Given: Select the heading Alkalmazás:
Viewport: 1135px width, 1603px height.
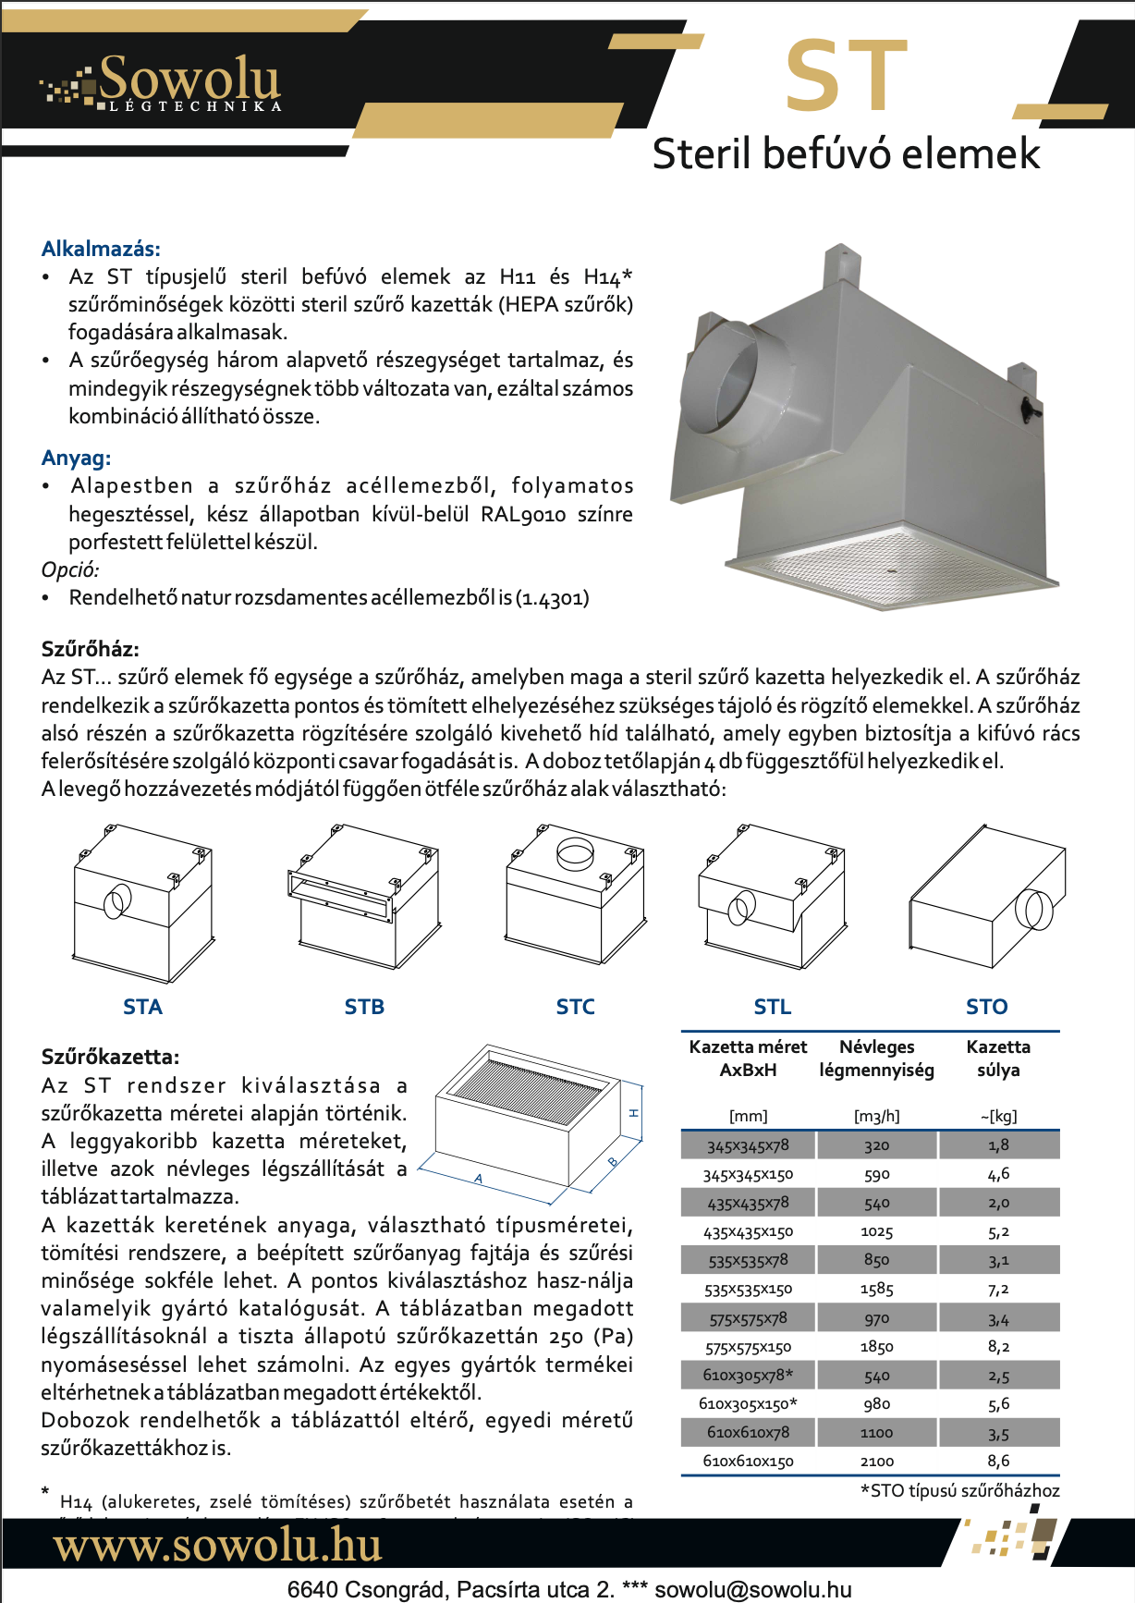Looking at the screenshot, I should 101,249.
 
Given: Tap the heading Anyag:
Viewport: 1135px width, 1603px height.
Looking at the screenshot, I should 76,458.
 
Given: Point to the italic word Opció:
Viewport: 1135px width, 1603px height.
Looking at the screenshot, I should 70,569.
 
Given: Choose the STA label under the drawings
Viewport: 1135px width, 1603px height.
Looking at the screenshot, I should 142,1007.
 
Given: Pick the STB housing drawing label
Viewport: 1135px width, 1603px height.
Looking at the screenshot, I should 364,1007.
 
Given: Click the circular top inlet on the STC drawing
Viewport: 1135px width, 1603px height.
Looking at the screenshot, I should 575,852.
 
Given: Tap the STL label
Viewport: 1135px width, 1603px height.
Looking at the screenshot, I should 772,1007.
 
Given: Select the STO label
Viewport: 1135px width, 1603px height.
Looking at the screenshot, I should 986,1007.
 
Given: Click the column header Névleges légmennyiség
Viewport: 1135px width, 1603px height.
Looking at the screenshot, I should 876,1058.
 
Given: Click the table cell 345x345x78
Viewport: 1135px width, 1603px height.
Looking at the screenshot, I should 748,1145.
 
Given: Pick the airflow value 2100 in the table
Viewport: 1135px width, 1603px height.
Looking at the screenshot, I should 876,1462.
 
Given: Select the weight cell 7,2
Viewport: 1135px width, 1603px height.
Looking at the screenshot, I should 998,1289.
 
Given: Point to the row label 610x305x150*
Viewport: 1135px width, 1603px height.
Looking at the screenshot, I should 748,1404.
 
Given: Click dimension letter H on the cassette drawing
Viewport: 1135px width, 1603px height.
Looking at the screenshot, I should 634,1113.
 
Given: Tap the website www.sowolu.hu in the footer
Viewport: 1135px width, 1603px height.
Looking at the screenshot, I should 217,1546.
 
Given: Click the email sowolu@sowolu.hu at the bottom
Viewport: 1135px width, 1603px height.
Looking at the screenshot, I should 753,1590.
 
